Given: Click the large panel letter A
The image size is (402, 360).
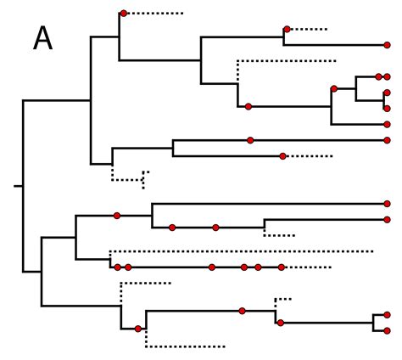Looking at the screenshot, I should tap(42, 39).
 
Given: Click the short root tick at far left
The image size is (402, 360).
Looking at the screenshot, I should tap(18, 184).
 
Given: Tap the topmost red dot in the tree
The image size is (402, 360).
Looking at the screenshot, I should tap(124, 14).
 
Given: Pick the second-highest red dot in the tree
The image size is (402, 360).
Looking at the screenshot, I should tap(287, 30).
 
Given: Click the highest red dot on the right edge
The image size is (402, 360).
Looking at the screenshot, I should tap(387, 45).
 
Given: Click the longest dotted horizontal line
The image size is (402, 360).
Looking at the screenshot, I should tap(242, 251).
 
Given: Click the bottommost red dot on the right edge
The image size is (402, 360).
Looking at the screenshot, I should tap(387, 330).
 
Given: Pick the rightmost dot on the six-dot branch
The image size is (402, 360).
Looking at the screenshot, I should tap(282, 267).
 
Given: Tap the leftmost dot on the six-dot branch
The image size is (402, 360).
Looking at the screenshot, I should tap(117, 267).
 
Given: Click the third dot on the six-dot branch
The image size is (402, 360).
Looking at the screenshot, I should tap(211, 267).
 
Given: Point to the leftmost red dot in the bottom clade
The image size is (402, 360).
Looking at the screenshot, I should tap(137, 329).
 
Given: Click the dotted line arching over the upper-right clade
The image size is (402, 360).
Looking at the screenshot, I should tap(287, 60).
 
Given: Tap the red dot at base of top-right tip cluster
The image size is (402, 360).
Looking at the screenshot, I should tap(334, 88).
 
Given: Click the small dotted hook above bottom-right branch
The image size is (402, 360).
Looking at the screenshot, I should tap(282, 299).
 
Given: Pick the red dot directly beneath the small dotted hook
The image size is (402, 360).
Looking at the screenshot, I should tap(280, 323).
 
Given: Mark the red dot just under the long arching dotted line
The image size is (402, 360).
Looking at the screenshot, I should tap(248, 106).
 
